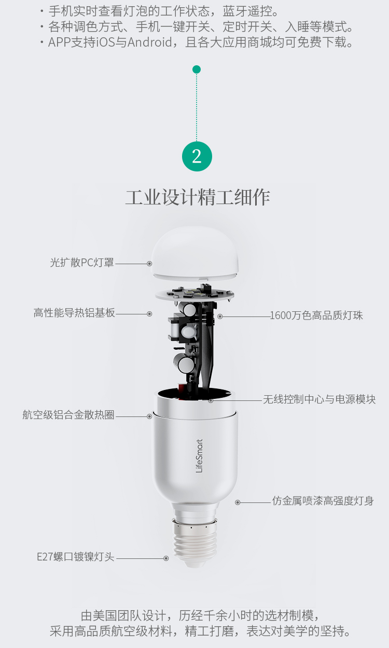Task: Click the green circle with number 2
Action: pos(197,156)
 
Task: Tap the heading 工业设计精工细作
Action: pos(198,197)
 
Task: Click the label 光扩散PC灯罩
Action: pos(82,263)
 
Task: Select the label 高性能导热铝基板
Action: pos(74,313)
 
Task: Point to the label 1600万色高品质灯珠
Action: pos(316,315)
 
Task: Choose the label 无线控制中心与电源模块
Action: pos(319,399)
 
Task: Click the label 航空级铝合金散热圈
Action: pos(68,415)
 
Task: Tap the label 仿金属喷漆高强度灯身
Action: pos(323,501)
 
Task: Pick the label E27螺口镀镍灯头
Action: pos(76,557)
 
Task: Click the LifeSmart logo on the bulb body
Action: pos(199,456)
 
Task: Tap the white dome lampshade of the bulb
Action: pos(195,253)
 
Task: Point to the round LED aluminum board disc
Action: pos(195,294)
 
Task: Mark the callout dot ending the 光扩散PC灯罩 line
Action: pos(149,264)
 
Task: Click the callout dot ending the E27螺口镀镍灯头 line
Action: pos(166,558)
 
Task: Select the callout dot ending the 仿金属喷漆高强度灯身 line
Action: pos(238,502)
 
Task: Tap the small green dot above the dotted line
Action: pos(197,69)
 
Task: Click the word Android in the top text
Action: pos(150,42)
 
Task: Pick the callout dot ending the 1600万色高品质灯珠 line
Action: pos(220,316)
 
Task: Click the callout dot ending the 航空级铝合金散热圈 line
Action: pos(149,416)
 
